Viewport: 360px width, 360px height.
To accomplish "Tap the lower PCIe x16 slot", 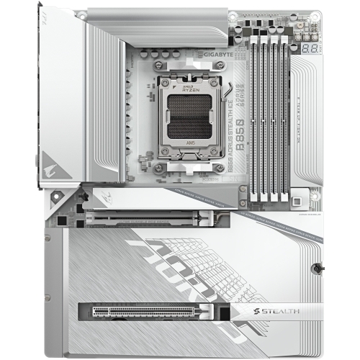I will [x=151, y=312].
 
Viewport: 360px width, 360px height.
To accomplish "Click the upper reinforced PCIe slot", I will [x=151, y=215].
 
